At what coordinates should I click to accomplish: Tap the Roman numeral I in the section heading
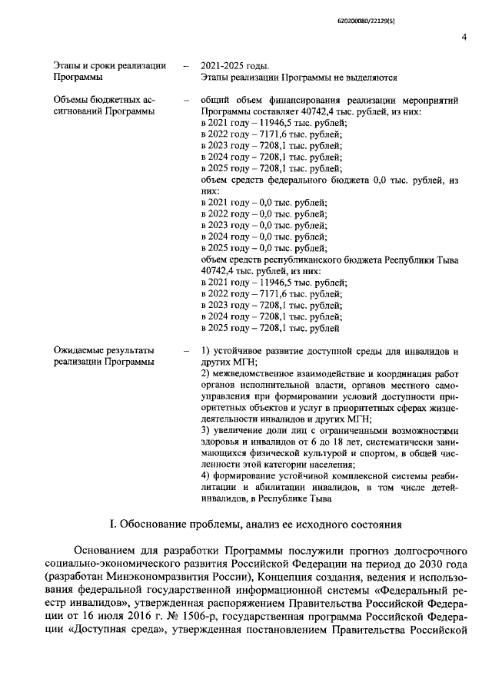pyautogui.click(x=112, y=525)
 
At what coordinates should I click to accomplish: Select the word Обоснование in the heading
pyautogui.click(x=151, y=525)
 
